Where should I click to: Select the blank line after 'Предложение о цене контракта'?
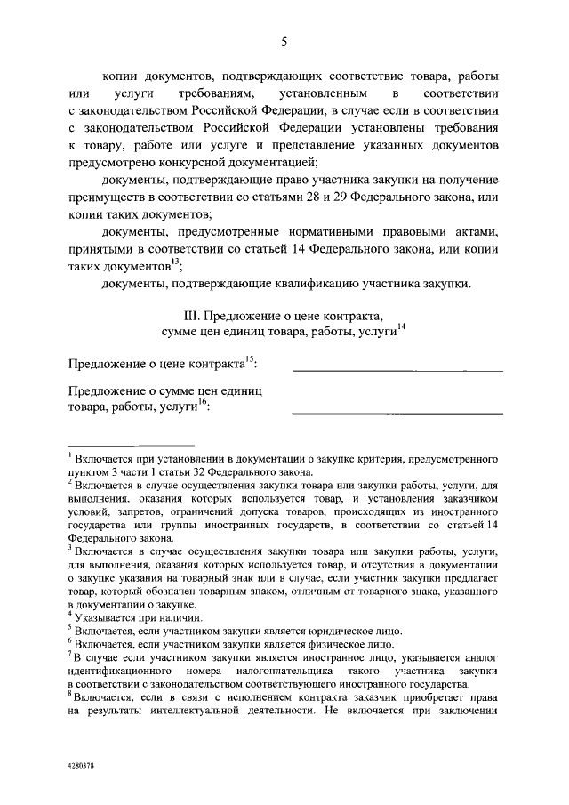pyautogui.click(x=397, y=369)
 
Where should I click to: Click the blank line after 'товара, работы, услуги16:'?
pyautogui.click(x=397, y=412)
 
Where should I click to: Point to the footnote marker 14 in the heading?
pyautogui.click(x=401, y=327)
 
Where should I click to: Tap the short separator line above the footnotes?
pyautogui.click(x=131, y=444)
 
